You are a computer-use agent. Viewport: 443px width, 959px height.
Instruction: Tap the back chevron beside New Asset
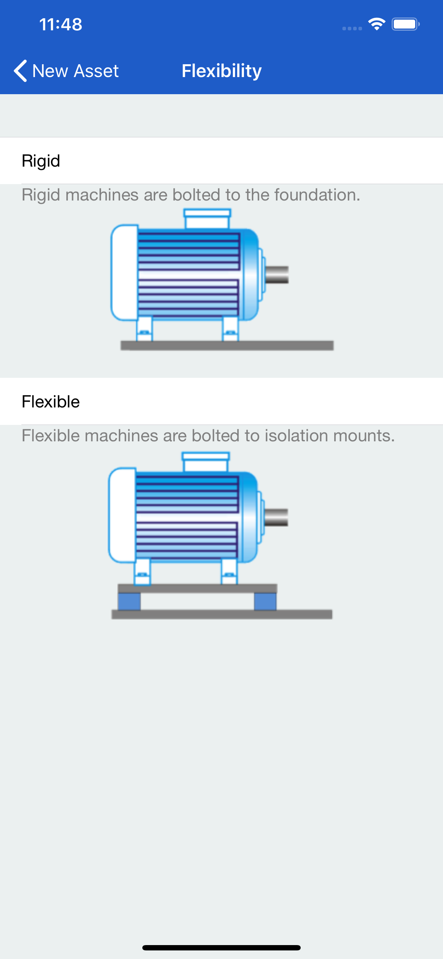coord(20,71)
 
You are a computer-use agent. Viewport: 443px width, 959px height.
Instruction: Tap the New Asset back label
coord(75,71)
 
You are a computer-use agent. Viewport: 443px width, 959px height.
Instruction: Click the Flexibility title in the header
coord(221,71)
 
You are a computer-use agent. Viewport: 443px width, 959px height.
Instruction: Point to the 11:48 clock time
coord(61,25)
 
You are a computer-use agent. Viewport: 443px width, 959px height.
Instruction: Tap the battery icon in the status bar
coord(405,25)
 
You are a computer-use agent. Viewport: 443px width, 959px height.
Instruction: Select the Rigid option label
coord(41,161)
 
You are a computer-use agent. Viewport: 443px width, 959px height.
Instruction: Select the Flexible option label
coord(51,402)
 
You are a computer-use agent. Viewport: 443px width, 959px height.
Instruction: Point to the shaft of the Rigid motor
coord(277,275)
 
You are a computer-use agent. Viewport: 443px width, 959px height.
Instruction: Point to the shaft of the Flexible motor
coord(276,517)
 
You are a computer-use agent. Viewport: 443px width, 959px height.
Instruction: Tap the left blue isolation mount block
coord(129,601)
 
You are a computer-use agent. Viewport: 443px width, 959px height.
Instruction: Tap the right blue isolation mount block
coord(265,601)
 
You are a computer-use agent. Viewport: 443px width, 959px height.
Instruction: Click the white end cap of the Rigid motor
coord(124,273)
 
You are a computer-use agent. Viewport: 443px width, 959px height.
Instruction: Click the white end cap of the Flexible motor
coord(122,515)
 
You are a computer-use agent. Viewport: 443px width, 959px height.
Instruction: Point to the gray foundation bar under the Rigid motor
coord(227,345)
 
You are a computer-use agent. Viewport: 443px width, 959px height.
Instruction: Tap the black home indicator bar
coord(221,948)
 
